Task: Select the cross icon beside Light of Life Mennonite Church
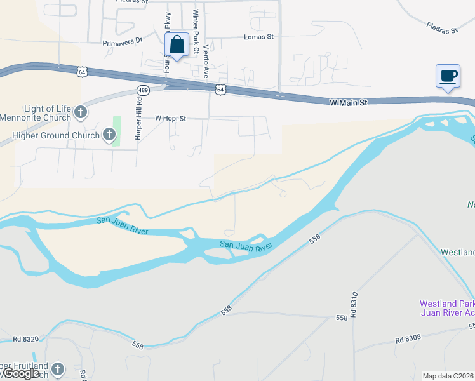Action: coord(80,113)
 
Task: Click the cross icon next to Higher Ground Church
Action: coord(109,135)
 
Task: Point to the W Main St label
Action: coord(349,102)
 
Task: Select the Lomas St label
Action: coord(258,37)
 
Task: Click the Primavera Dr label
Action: coord(123,43)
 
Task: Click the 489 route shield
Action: coord(143,90)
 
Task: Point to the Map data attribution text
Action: coord(448,376)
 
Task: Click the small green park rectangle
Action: coord(117,131)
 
